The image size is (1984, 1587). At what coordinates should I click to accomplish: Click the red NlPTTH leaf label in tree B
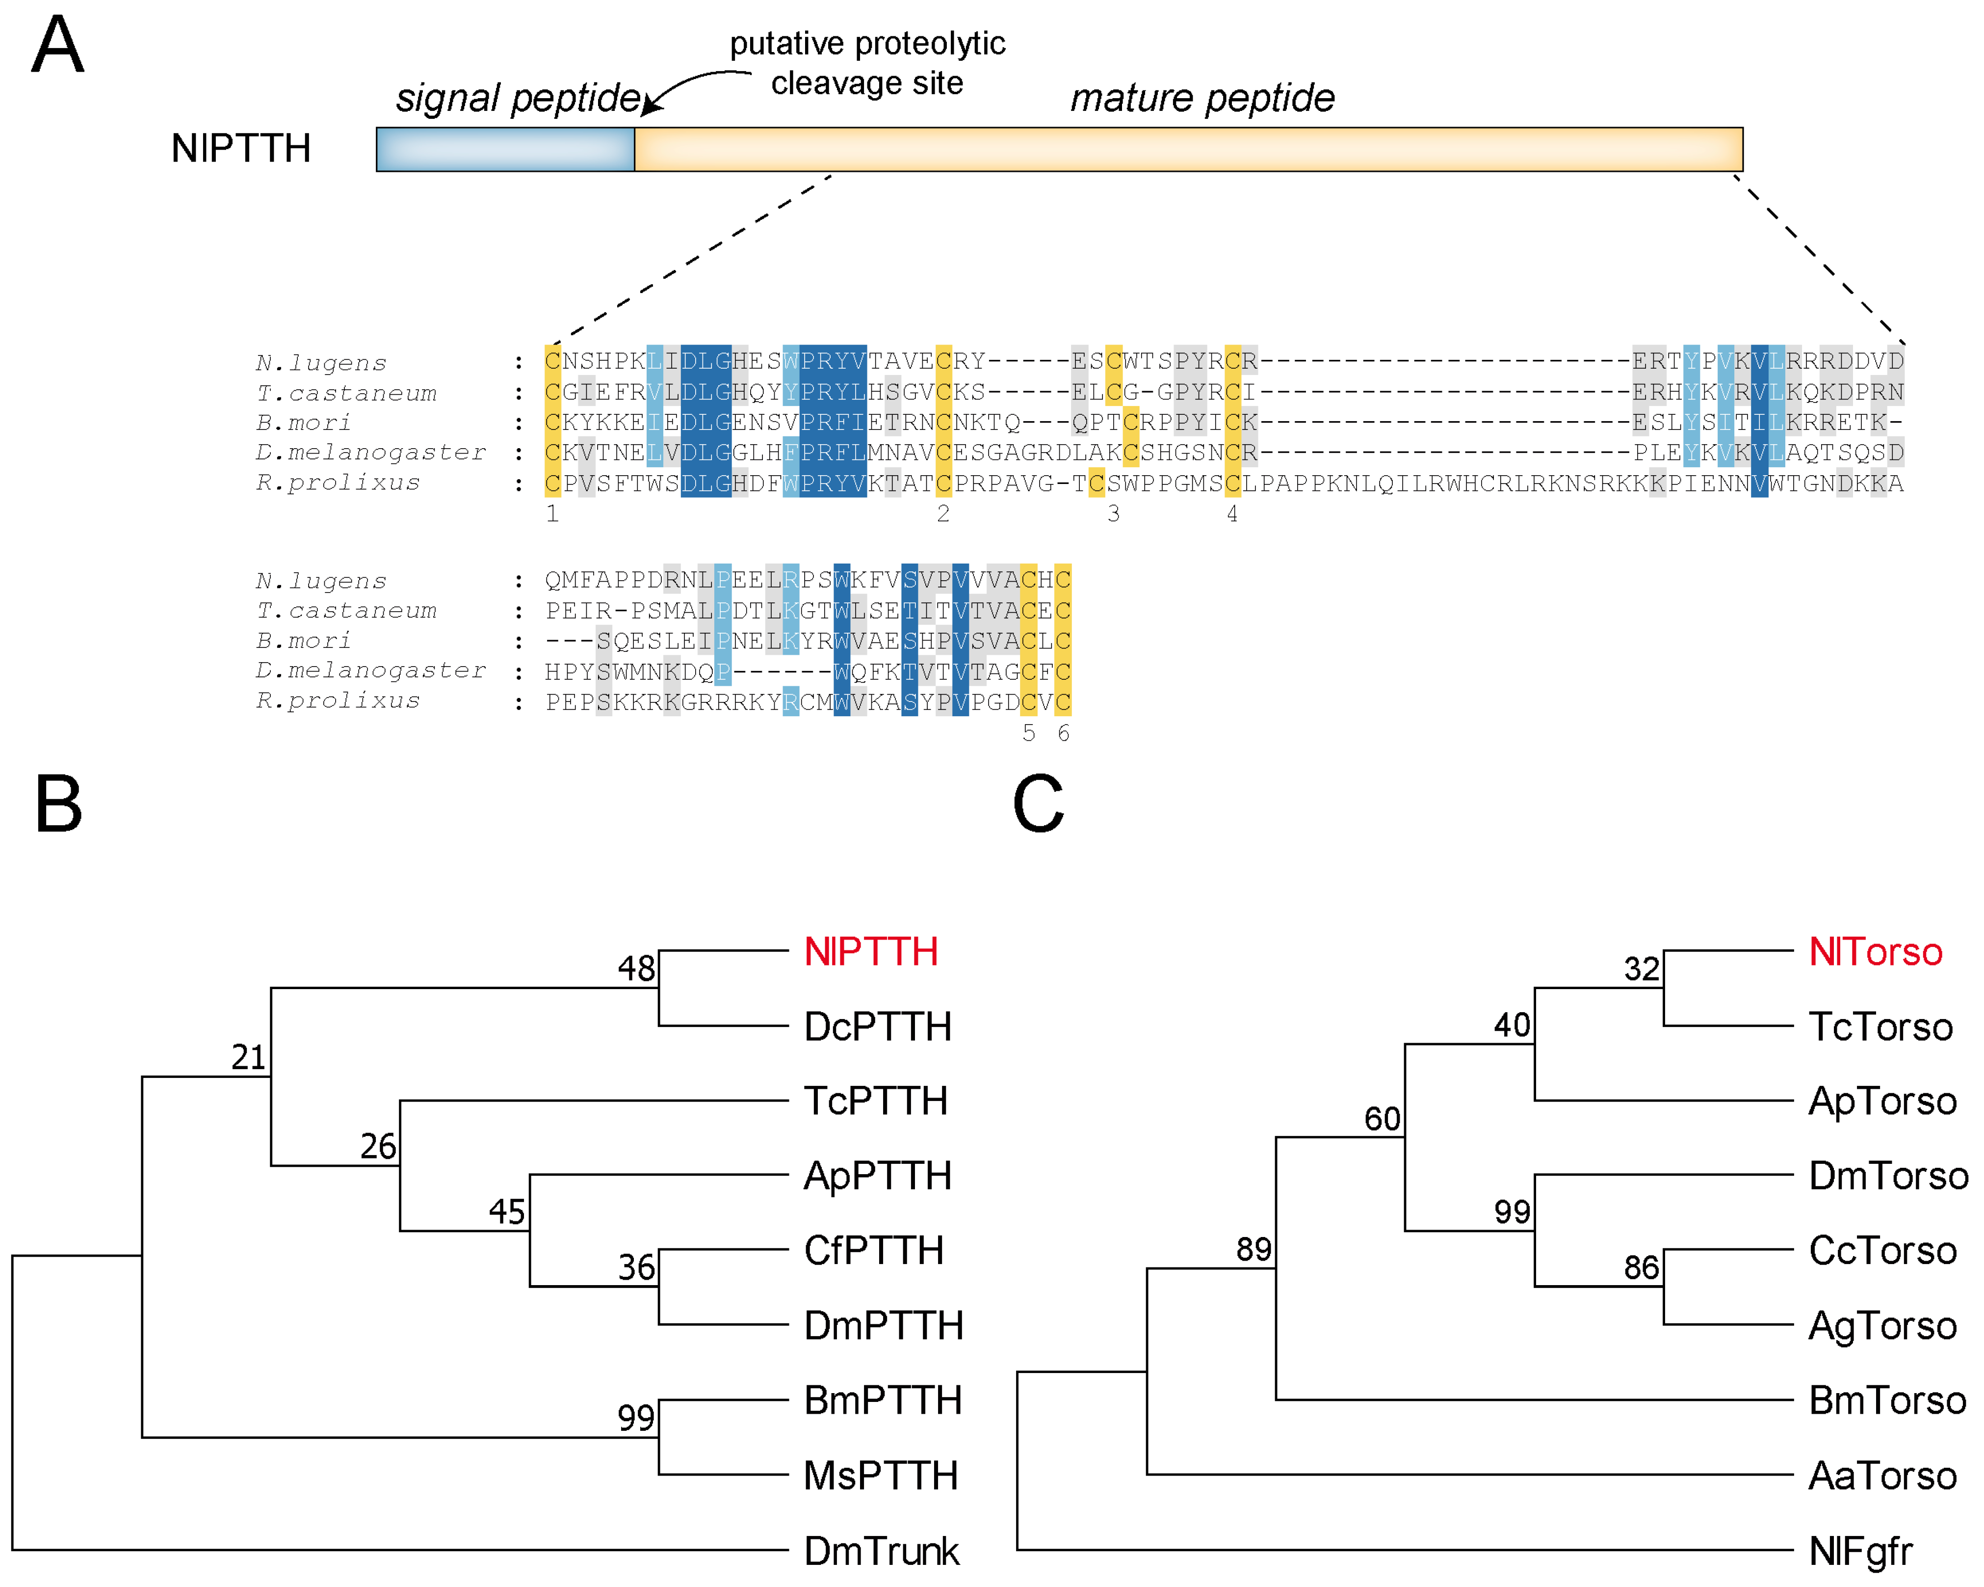(x=870, y=952)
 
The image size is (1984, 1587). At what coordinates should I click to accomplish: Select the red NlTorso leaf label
(x=1875, y=952)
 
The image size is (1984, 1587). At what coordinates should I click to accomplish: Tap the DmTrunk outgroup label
(x=881, y=1551)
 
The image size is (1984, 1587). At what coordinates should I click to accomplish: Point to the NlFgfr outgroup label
(x=1860, y=1551)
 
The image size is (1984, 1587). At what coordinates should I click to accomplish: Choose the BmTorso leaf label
(x=1886, y=1400)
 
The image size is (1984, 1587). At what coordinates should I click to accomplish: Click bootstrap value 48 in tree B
(x=636, y=968)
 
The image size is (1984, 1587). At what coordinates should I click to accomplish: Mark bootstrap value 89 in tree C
(x=1253, y=1249)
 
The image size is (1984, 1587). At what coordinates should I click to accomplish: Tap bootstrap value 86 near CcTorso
(x=1641, y=1267)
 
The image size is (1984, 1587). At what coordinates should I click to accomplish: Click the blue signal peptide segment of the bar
(x=505, y=149)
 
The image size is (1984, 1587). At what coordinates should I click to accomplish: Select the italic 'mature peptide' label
(x=1202, y=98)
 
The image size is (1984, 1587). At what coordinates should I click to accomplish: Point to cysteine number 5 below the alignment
(x=1029, y=733)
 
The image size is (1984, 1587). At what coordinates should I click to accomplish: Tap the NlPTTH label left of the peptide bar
(x=241, y=148)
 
